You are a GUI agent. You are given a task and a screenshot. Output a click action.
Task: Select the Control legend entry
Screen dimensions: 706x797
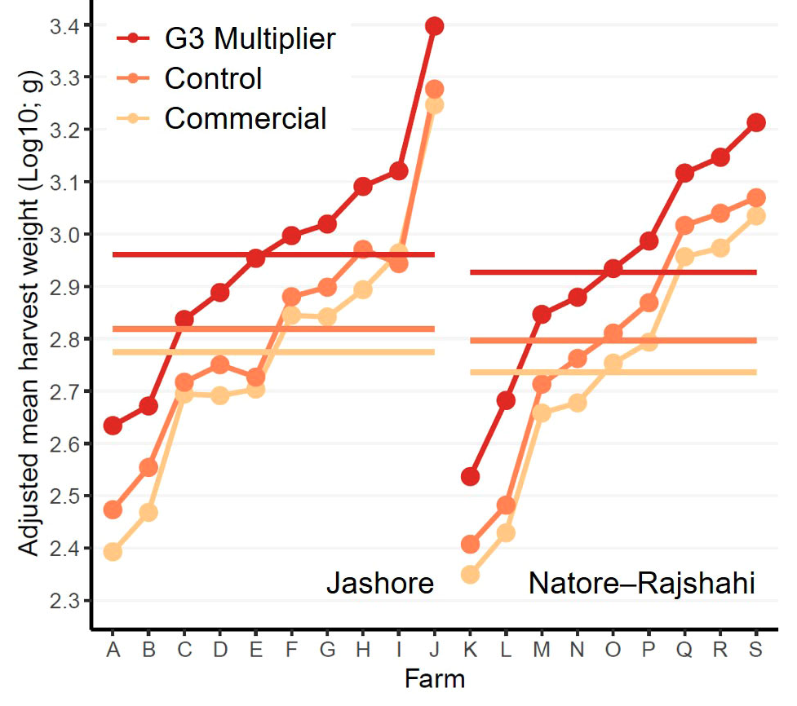(213, 78)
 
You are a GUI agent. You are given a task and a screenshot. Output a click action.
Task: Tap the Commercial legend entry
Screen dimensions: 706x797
(245, 118)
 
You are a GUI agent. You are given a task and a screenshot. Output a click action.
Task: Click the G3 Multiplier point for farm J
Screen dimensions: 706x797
(434, 26)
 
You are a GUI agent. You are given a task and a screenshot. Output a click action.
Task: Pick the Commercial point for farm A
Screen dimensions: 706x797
(113, 552)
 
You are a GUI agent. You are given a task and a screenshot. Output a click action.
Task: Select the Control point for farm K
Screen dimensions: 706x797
(470, 544)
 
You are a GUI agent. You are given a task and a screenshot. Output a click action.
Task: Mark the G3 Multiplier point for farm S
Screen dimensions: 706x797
(756, 123)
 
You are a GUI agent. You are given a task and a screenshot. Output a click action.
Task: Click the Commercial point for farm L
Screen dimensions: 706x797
(506, 533)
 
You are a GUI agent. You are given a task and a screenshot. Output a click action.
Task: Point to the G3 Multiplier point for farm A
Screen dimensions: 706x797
(113, 426)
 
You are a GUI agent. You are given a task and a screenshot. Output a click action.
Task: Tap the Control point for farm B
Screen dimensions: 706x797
(148, 468)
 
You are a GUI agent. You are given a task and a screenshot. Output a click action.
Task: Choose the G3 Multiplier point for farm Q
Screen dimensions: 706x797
(684, 173)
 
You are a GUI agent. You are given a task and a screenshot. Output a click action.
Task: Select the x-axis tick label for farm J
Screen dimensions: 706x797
(435, 650)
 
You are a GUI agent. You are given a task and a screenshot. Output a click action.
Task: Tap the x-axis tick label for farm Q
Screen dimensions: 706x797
(684, 650)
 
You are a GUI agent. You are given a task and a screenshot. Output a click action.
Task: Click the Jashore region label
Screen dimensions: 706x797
(379, 584)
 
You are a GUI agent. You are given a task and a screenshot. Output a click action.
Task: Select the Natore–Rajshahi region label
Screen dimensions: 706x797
(642, 584)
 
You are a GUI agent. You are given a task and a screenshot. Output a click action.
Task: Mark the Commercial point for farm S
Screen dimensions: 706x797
(756, 216)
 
